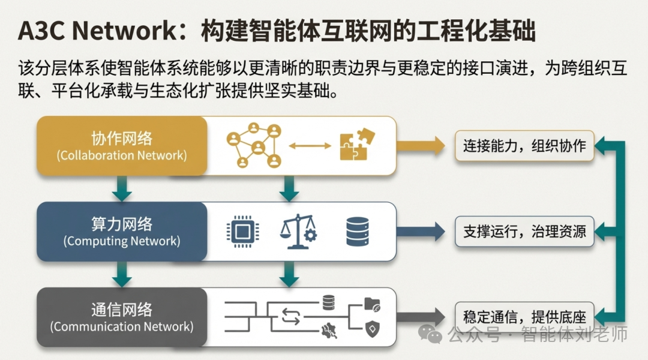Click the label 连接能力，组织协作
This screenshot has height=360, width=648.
coord(524,146)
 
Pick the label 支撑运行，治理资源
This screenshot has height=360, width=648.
coord(524,232)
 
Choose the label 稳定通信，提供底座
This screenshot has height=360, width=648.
coord(524,316)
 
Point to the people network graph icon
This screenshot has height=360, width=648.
coord(254,145)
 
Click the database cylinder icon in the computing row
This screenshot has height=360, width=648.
coord(358,232)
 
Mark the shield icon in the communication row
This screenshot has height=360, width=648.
coord(372,328)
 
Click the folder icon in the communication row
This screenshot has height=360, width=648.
coord(372,305)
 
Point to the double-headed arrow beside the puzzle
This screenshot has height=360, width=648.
coord(310,146)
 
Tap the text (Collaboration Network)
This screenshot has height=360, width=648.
coord(122,155)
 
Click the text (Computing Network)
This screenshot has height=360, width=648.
coord(122,241)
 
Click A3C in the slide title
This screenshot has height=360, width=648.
coord(40,32)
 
